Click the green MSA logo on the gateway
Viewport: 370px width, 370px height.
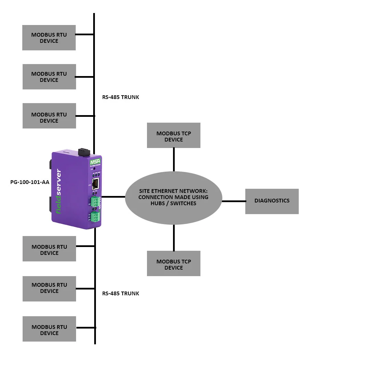[94, 162]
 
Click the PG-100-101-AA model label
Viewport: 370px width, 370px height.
[30, 182]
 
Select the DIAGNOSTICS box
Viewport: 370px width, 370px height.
[272, 201]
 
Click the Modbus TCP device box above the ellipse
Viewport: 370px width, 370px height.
[173, 136]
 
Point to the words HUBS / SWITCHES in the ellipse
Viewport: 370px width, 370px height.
[173, 203]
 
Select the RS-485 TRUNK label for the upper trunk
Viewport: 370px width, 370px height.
[121, 97]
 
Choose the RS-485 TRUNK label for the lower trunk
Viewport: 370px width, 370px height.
[121, 294]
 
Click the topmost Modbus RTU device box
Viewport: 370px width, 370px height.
[49, 38]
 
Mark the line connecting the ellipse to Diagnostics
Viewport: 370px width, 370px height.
[234, 201]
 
